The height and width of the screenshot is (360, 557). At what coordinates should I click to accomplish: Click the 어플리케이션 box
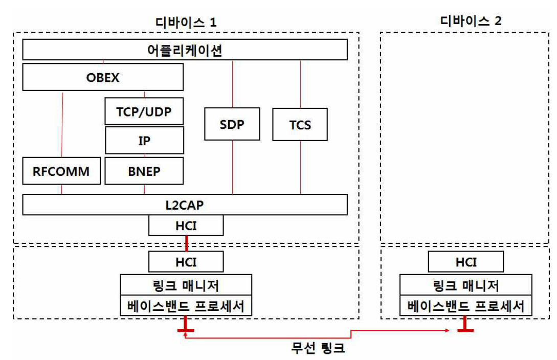pos(185,51)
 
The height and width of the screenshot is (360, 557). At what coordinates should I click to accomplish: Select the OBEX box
pos(103,78)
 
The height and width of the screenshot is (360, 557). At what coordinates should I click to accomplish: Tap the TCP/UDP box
pos(144,111)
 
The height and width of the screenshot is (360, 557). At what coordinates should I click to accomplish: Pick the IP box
pos(144,140)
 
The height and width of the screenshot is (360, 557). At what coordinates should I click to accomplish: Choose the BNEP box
pos(144,171)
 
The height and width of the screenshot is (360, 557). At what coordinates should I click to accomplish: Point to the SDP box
pos(232,124)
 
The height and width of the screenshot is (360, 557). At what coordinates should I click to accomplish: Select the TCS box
pos(300,124)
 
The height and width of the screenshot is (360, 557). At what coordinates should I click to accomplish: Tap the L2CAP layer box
pos(185,205)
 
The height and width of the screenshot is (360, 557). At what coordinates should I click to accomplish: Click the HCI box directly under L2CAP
pos(186,225)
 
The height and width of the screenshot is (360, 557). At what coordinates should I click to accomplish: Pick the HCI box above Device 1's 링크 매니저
pos(186,262)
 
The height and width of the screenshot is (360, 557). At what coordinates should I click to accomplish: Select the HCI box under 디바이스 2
pos(465,262)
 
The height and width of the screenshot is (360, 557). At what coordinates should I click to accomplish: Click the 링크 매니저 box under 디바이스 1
pos(186,284)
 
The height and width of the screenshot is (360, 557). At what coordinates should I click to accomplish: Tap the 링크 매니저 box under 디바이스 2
pos(465,284)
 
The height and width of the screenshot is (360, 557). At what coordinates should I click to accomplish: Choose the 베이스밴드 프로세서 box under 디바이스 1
pos(186,306)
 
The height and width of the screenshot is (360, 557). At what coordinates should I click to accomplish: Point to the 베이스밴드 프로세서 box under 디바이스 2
pos(465,306)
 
